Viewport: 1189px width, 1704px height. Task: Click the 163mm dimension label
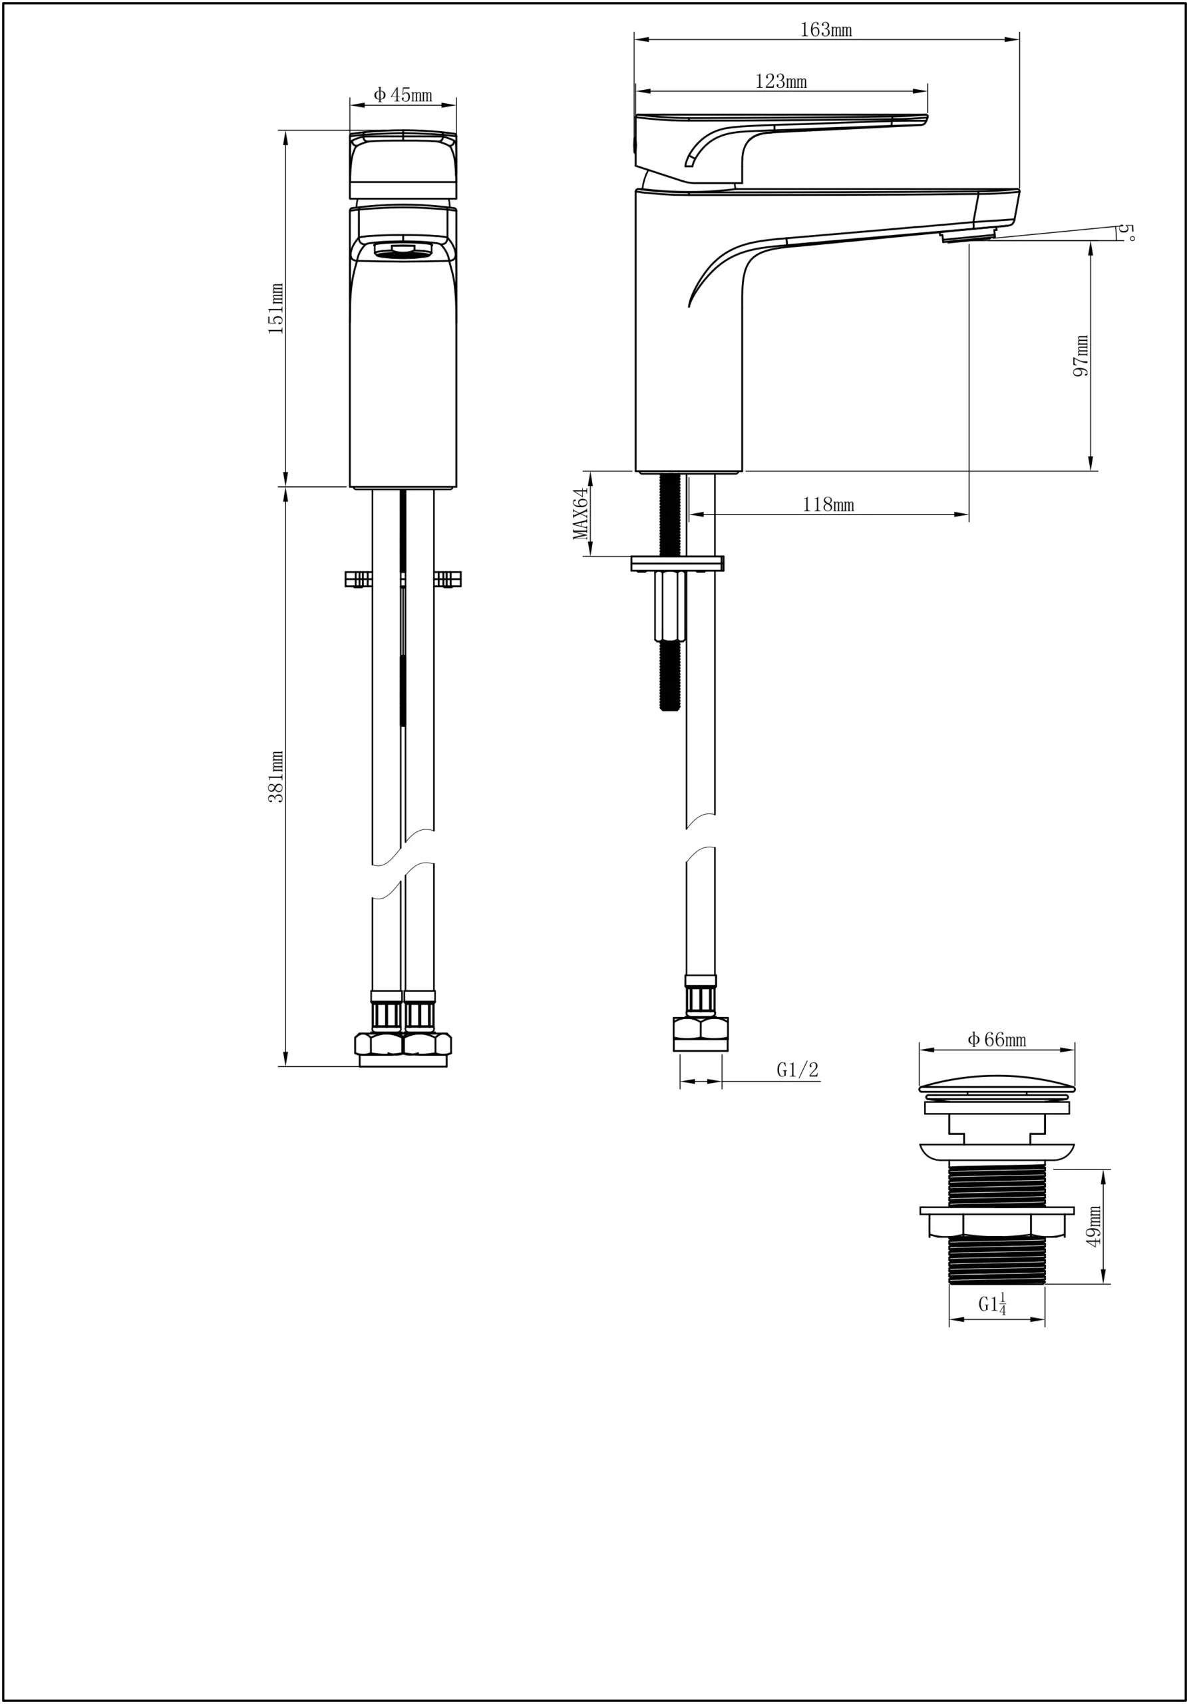826,31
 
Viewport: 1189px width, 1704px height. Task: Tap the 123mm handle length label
781,82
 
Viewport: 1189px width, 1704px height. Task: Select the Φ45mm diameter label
403,95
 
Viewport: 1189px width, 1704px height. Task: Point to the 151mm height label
276,308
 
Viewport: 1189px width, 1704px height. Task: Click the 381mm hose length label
276,776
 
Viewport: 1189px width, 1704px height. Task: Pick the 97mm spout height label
1081,355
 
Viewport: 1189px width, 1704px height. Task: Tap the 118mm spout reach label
828,505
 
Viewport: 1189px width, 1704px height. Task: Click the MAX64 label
581,514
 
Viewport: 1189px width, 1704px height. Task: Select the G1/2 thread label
797,1070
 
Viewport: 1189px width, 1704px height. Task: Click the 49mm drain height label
1093,1226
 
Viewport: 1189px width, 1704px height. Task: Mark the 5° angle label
1127,232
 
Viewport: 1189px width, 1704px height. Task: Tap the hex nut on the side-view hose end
700,1029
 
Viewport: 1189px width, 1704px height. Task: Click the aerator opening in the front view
403,251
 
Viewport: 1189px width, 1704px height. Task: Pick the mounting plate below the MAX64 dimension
677,563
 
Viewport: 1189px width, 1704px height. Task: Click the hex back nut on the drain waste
997,1225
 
